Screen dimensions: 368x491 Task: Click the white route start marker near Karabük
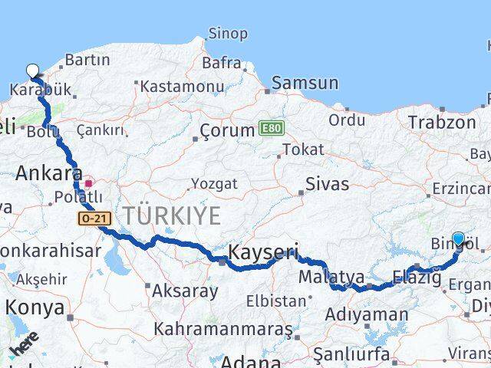[x=32, y=71]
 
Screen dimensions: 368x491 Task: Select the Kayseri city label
[x=263, y=252]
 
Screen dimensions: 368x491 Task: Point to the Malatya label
[x=331, y=276]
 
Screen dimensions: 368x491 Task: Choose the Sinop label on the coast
[x=228, y=34]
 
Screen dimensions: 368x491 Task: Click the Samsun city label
[x=305, y=83]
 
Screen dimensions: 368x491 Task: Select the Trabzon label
[x=442, y=122]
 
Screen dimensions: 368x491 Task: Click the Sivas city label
[x=327, y=185]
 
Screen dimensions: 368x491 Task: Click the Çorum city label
[x=227, y=130]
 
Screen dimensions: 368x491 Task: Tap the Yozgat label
[x=213, y=184]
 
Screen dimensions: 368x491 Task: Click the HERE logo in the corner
[x=25, y=346]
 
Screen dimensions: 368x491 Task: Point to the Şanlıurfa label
[x=351, y=353]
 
